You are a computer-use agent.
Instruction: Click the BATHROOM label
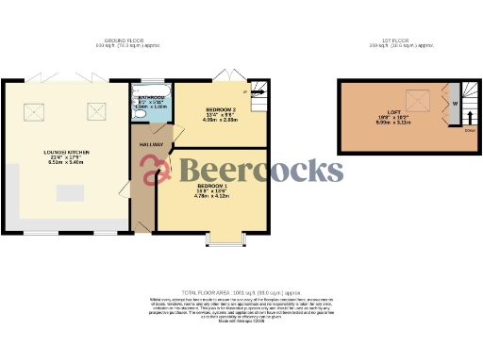[152, 97]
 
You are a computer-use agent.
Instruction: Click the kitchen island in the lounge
[71, 193]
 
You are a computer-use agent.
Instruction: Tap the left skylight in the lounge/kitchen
[43, 112]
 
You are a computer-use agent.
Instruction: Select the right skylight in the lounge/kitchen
[95, 112]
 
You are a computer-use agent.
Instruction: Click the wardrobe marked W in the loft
[455, 103]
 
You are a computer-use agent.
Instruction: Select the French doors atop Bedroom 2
[225, 76]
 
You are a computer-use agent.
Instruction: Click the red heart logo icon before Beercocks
[156, 170]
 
